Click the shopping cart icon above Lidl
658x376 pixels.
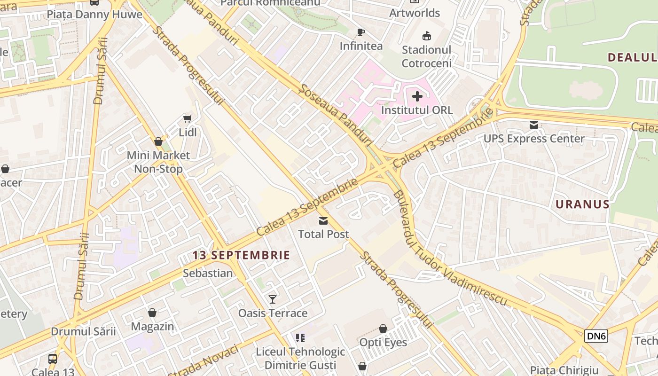click(187, 118)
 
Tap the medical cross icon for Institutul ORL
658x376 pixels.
click(417, 96)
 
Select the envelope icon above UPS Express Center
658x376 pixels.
click(534, 125)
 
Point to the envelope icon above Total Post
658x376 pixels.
click(323, 220)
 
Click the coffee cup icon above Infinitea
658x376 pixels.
click(361, 32)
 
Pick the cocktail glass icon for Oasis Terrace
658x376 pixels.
click(273, 299)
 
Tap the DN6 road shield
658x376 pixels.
click(596, 336)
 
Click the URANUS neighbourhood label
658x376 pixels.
click(582, 204)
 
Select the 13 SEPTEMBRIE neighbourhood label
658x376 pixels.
click(241, 255)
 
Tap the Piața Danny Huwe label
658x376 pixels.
click(94, 14)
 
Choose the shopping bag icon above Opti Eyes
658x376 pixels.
click(383, 329)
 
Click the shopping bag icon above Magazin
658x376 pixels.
click(152, 313)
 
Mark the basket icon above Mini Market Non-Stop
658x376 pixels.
click(158, 141)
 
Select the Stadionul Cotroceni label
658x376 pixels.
click(427, 56)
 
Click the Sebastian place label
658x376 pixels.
click(208, 273)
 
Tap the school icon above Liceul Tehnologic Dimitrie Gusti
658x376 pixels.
click(300, 337)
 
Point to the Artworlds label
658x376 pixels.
click(415, 13)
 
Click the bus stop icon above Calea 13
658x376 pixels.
click(53, 359)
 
